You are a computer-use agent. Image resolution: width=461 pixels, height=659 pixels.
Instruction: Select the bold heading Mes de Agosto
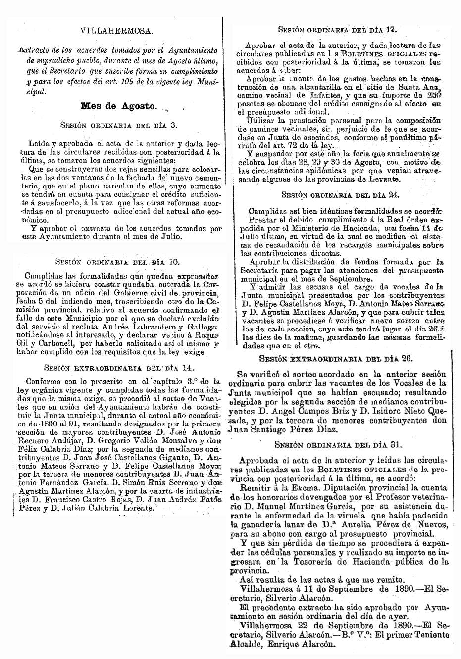coord(119,106)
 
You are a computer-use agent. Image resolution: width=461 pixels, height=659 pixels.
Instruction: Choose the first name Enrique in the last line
coord(293,645)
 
